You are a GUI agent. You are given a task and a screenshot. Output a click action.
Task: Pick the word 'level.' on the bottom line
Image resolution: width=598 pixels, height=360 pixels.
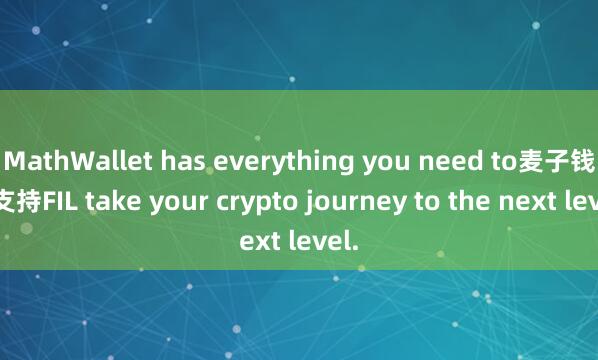321,241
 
